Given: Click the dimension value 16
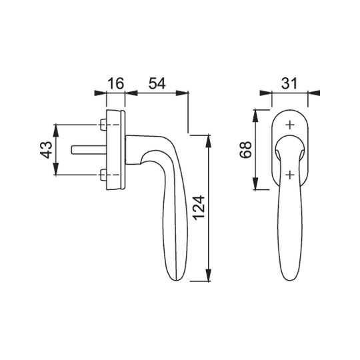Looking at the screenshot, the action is pos(116,83).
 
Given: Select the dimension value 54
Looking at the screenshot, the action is pos(157,83).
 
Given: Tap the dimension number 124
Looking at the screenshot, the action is pos(199,208).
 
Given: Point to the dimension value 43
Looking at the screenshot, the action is pos(46,150).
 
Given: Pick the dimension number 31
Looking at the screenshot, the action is pos(289,83).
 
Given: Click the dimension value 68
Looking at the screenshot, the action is pos(245,150).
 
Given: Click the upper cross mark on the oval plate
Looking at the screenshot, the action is pos(290,125).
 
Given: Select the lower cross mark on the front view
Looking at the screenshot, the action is pos(290,175).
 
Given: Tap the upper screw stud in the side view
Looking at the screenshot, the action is pos(103,125).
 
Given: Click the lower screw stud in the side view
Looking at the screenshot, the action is pos(103,175).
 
